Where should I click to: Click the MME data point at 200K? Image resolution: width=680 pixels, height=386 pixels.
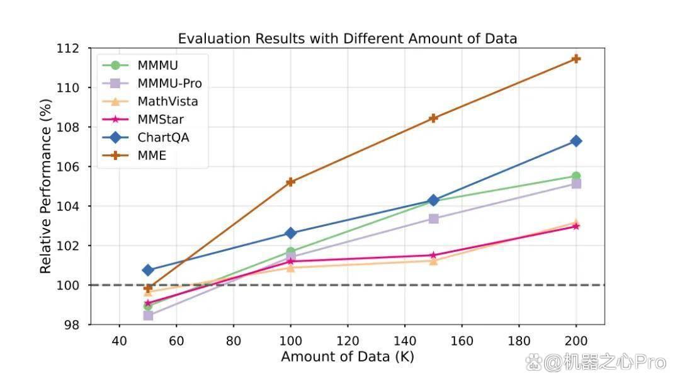pos(576,59)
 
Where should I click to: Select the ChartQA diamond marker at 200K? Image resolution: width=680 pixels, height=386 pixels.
pos(576,141)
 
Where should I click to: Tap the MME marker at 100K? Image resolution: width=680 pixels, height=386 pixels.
pos(290,182)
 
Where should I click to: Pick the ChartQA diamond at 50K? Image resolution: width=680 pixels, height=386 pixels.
pos(148,270)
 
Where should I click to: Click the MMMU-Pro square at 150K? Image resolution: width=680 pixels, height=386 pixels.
pos(433,219)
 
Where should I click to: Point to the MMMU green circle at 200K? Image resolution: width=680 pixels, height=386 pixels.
pos(576,176)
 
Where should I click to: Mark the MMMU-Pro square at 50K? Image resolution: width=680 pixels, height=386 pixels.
pos(148,315)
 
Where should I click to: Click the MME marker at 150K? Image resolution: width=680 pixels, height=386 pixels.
pos(433,118)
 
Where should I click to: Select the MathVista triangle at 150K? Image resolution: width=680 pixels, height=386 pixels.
pos(433,261)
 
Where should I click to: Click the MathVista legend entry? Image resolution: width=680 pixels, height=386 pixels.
pos(150,101)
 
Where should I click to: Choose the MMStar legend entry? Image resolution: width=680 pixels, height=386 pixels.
pos(143,119)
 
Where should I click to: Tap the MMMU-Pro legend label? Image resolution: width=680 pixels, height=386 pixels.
pos(169,83)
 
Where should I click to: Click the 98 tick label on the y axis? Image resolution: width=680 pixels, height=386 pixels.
pos(72,325)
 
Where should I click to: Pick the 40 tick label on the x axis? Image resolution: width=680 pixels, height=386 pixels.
pos(119,341)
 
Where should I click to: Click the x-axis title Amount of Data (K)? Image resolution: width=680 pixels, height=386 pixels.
pos(348,357)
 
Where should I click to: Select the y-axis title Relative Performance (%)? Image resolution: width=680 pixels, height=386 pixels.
pos(45,186)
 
